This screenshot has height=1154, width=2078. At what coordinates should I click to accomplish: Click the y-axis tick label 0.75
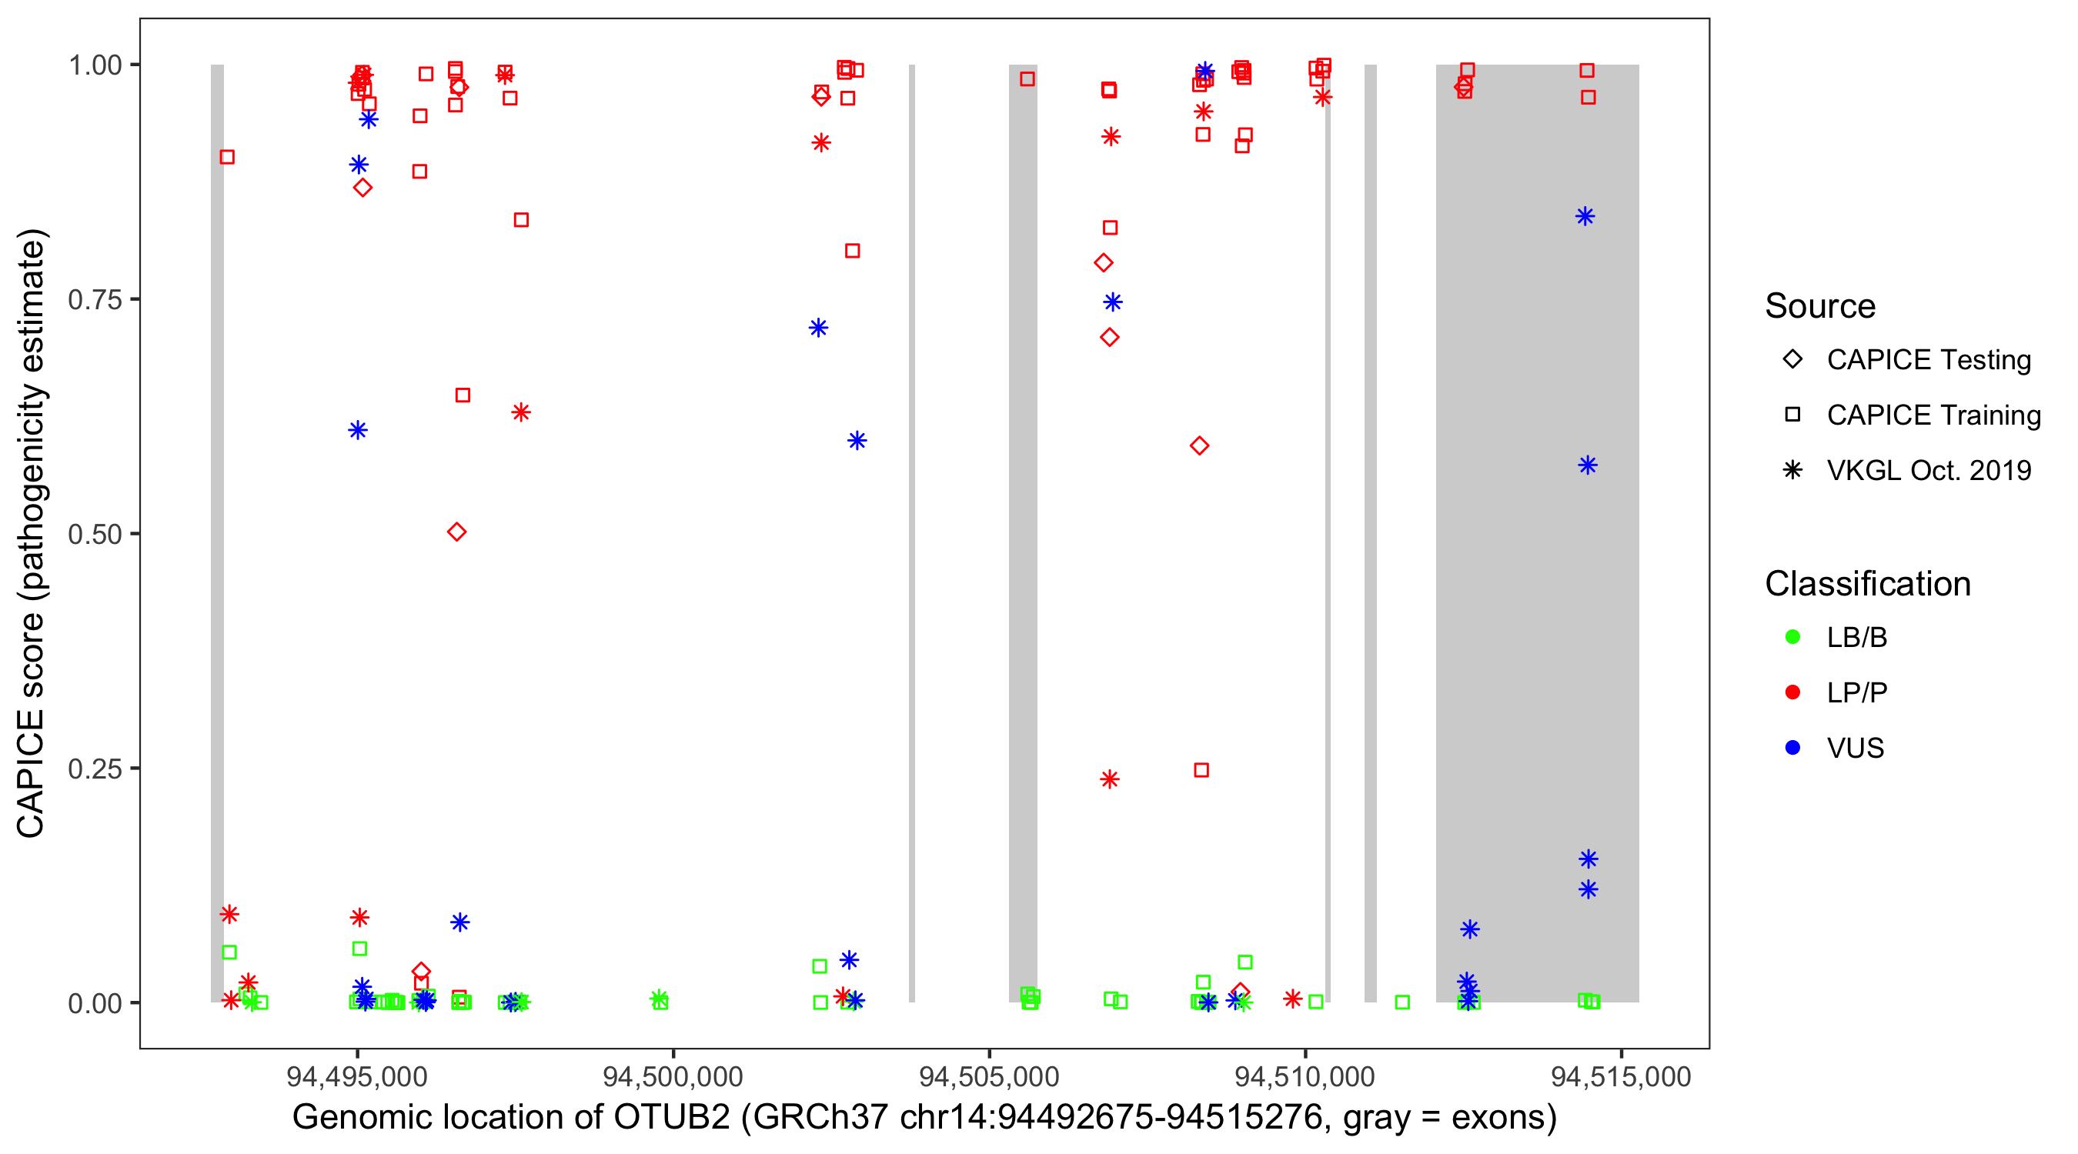(x=94, y=300)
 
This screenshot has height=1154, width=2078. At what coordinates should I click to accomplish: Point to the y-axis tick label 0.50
(x=94, y=534)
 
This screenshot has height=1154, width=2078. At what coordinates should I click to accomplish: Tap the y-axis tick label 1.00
(x=94, y=65)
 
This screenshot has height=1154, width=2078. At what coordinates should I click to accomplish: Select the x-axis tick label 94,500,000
(x=673, y=1076)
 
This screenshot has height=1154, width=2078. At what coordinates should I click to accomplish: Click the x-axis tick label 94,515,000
(x=1622, y=1076)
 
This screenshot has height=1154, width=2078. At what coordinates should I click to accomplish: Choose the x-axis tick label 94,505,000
(x=989, y=1076)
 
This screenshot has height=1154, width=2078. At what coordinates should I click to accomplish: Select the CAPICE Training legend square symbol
(x=1792, y=415)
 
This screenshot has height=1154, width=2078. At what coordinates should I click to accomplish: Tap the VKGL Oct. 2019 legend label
(x=1929, y=470)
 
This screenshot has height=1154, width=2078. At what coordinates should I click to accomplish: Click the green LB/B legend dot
(x=1792, y=637)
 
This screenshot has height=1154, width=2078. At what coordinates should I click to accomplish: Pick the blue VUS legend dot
(x=1792, y=748)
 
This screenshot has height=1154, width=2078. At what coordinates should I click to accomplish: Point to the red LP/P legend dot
(x=1792, y=692)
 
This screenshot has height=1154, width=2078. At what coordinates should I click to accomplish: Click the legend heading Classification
(x=1867, y=584)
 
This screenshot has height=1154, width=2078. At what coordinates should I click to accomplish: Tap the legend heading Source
(x=1820, y=306)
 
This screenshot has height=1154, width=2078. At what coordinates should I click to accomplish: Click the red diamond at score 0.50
(x=456, y=532)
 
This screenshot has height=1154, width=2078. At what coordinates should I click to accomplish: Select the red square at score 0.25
(x=1201, y=770)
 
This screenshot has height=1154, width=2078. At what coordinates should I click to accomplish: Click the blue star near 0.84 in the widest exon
(x=1585, y=216)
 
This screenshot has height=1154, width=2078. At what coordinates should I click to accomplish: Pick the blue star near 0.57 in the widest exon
(x=1588, y=465)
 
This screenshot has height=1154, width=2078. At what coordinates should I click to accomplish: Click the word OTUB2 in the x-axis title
(x=672, y=1118)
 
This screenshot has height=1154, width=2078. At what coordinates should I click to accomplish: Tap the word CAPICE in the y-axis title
(x=31, y=773)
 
